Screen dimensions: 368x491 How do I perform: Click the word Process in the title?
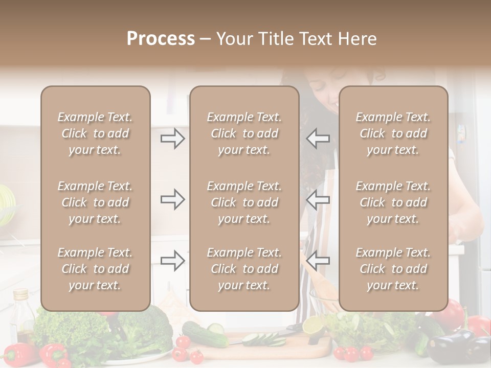pyautogui.click(x=161, y=39)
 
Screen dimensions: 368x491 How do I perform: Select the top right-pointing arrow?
pyautogui.click(x=173, y=139)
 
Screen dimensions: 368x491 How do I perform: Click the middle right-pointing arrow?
pyautogui.click(x=173, y=199)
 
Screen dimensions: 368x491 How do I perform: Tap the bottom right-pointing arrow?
pyautogui.click(x=173, y=261)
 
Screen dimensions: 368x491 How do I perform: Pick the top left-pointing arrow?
pyautogui.click(x=318, y=139)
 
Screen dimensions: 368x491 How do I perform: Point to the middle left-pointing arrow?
pyautogui.click(x=318, y=199)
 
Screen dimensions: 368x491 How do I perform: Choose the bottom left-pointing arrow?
pyautogui.click(x=318, y=261)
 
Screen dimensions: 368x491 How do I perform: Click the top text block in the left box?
pyautogui.click(x=95, y=133)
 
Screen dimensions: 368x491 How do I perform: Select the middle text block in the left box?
pyautogui.click(x=95, y=202)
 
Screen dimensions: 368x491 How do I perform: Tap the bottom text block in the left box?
pyautogui.click(x=95, y=269)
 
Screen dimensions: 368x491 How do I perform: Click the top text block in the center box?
pyautogui.click(x=244, y=133)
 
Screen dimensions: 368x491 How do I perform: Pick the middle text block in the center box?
pyautogui.click(x=244, y=202)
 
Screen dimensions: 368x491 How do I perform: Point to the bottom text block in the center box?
pyautogui.click(x=244, y=269)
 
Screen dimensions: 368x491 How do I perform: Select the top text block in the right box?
pyautogui.click(x=393, y=133)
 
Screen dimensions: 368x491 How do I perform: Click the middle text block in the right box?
pyautogui.click(x=393, y=202)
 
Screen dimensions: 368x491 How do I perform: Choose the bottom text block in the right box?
pyautogui.click(x=393, y=269)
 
